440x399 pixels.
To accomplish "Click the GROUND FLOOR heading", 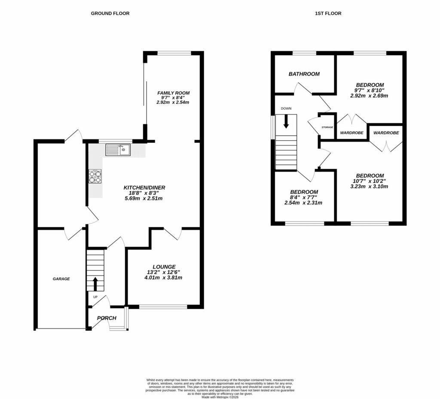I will pyautogui.click(x=110, y=13).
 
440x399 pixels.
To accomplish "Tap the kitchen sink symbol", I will pyautogui.click(x=118, y=150).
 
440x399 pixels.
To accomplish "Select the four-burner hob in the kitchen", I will pyautogui.click(x=96, y=177).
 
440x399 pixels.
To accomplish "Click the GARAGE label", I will pyautogui.click(x=61, y=279).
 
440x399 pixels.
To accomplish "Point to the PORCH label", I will pyautogui.click(x=107, y=318).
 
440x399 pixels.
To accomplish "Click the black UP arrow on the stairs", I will pyautogui.click(x=95, y=284).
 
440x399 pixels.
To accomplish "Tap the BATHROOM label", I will pyautogui.click(x=304, y=74).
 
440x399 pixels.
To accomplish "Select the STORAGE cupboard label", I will pyautogui.click(x=327, y=127).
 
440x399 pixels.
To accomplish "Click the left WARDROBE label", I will pyautogui.click(x=352, y=133).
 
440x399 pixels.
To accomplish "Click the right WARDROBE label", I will pyautogui.click(x=386, y=133).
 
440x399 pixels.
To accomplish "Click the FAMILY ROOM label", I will pyautogui.click(x=173, y=93).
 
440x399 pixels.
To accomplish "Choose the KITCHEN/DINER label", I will pyautogui.click(x=144, y=187).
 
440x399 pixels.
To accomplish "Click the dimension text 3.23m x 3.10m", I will pyautogui.click(x=370, y=186).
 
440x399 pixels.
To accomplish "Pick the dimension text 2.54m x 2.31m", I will pyautogui.click(x=304, y=203).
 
